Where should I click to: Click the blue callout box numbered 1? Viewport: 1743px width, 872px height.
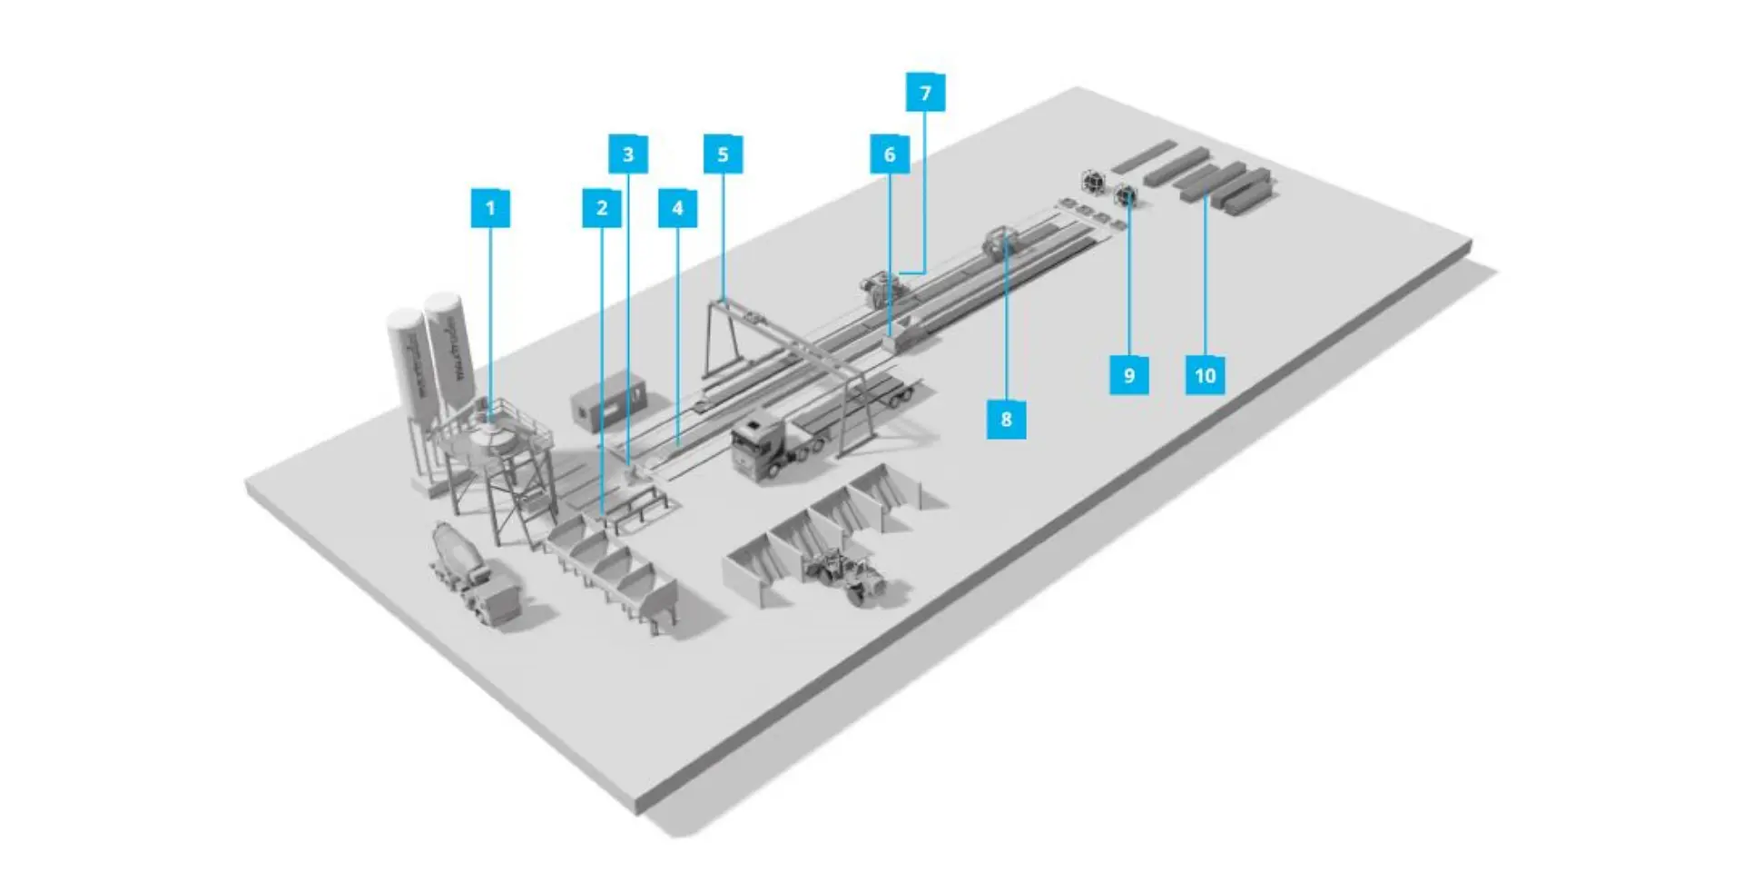[490, 208]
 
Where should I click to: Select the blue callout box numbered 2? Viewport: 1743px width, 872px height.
[601, 208]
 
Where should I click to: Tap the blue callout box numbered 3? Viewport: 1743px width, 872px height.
[627, 154]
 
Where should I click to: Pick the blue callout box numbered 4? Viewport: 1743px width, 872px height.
[677, 208]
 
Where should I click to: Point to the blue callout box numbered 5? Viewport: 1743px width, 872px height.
[723, 154]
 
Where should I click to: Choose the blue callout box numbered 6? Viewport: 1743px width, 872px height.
[889, 154]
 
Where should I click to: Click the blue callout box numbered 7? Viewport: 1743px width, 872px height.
[925, 93]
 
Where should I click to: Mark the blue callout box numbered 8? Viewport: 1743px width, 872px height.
[1006, 420]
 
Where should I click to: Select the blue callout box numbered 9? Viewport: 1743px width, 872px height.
[1128, 375]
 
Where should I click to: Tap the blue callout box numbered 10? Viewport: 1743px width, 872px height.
[1205, 375]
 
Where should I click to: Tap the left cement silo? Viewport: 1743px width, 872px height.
[408, 363]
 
